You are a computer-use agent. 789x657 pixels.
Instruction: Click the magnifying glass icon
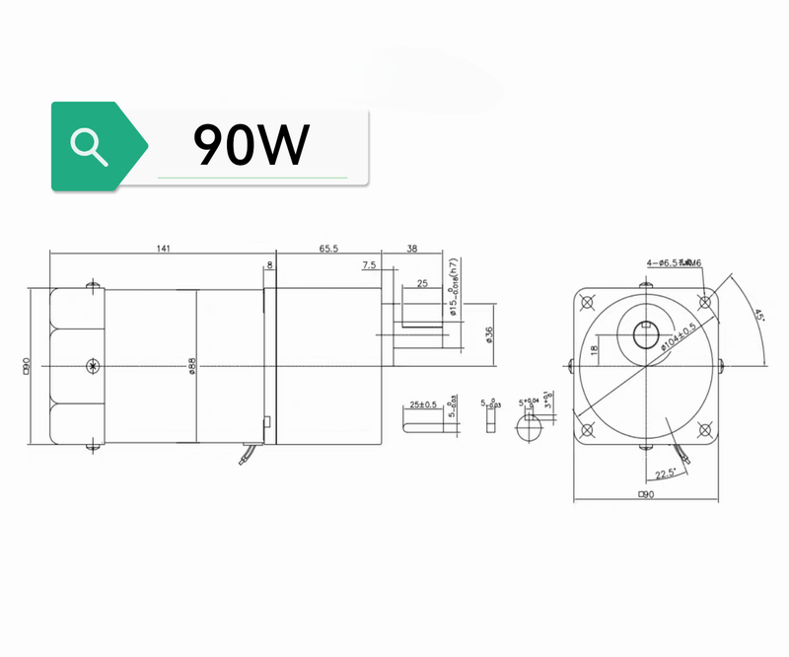point(90,145)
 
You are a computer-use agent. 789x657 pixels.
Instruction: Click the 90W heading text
point(251,145)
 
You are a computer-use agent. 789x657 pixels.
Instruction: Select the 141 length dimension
point(163,250)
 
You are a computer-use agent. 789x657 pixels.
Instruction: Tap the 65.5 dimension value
point(328,250)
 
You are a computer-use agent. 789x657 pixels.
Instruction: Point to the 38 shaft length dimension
point(412,250)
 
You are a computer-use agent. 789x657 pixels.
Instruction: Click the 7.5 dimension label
point(369,265)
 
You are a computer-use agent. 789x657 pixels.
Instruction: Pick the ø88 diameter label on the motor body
point(193,364)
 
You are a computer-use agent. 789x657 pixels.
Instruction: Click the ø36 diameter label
point(489,334)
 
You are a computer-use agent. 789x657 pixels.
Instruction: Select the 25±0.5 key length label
point(423,404)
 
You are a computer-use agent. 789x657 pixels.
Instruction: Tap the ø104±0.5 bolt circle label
point(681,336)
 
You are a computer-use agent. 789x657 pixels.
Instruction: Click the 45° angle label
point(758,318)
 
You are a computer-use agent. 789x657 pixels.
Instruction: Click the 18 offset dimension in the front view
point(594,349)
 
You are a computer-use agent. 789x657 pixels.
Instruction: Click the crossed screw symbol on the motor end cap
point(94,366)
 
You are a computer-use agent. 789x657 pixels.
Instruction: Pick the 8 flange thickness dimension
point(270,264)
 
